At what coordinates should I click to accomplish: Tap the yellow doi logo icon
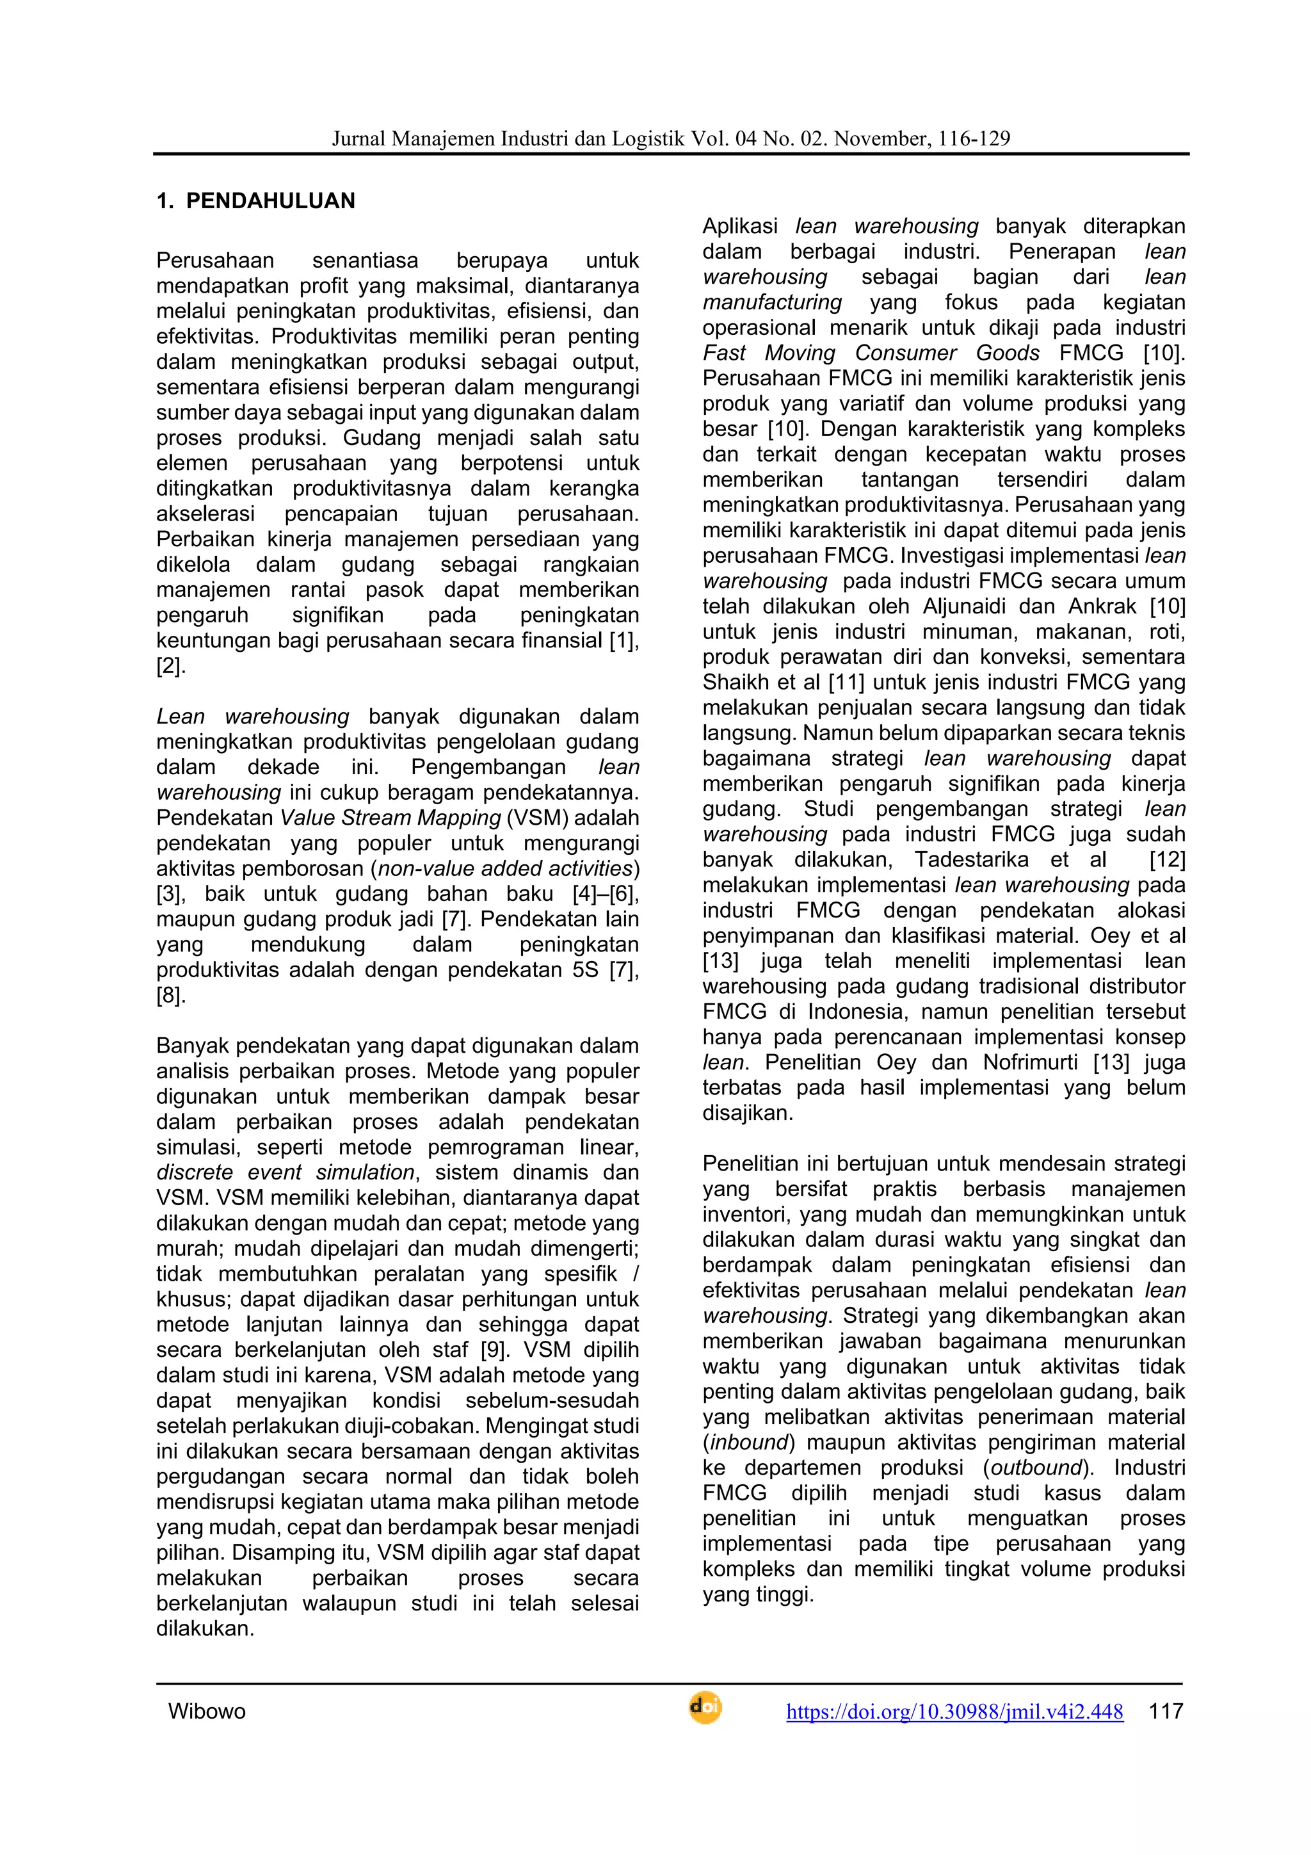tap(704, 1708)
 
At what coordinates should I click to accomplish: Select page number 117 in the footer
tap(1166, 1710)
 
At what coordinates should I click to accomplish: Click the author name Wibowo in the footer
tap(207, 1711)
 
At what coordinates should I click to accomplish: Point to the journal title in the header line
tap(670, 139)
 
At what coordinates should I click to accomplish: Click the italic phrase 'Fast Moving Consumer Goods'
tap(871, 353)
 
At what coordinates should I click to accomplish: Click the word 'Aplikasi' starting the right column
tap(740, 226)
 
